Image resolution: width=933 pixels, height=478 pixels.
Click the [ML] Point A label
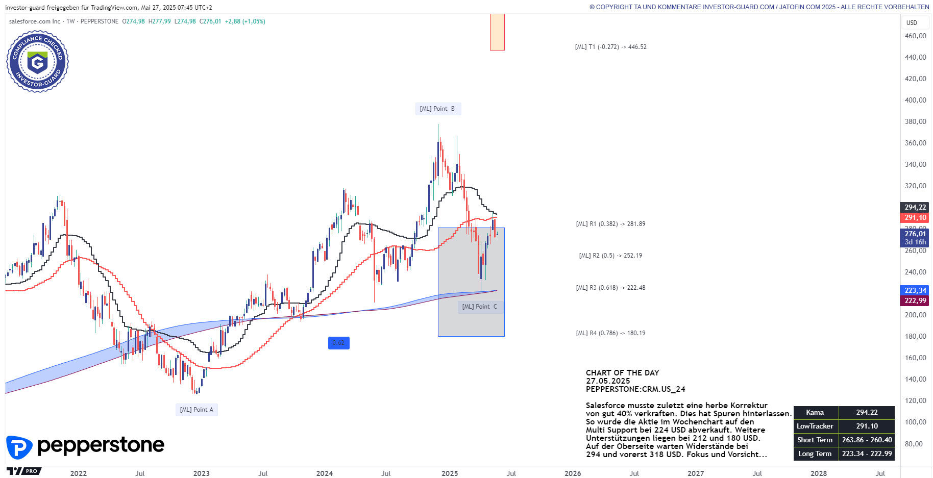tap(197, 410)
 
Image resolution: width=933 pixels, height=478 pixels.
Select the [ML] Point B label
tap(437, 109)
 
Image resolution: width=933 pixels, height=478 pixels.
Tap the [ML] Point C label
tap(479, 307)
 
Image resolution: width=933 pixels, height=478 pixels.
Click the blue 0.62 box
tap(338, 343)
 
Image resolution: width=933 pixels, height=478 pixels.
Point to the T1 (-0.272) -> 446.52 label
tap(610, 47)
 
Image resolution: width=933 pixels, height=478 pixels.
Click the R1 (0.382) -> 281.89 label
tap(610, 224)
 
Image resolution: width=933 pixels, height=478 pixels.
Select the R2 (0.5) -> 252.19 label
tap(610, 256)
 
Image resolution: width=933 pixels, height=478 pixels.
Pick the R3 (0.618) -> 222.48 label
tap(610, 288)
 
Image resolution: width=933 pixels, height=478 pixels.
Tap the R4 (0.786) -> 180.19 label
tap(610, 333)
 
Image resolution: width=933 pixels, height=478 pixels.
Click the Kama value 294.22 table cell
tap(867, 413)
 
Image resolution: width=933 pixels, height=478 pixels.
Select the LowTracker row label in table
tap(815, 426)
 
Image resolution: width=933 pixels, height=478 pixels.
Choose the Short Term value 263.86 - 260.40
tap(867, 440)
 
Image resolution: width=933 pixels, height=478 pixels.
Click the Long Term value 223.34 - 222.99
tap(867, 454)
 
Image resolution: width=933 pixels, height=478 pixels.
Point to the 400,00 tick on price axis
tap(915, 100)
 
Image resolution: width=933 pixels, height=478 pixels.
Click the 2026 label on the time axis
tap(573, 473)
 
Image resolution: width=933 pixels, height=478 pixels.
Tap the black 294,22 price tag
tap(915, 207)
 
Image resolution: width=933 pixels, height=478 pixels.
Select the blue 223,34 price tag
tap(915, 290)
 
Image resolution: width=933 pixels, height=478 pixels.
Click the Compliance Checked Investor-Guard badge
tap(37, 62)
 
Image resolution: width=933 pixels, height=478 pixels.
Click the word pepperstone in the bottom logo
tap(101, 445)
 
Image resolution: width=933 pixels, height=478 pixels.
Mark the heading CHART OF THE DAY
tap(622, 373)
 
